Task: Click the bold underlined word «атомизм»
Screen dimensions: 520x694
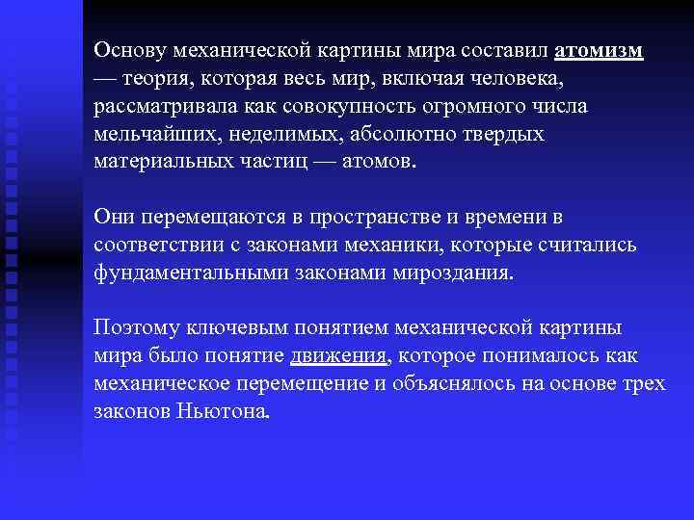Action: click(600, 50)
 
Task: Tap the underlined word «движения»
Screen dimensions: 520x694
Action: click(338, 356)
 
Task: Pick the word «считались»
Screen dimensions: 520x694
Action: click(589, 245)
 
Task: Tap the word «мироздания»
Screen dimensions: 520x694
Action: click(453, 273)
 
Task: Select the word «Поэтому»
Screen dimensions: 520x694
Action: click(134, 328)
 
